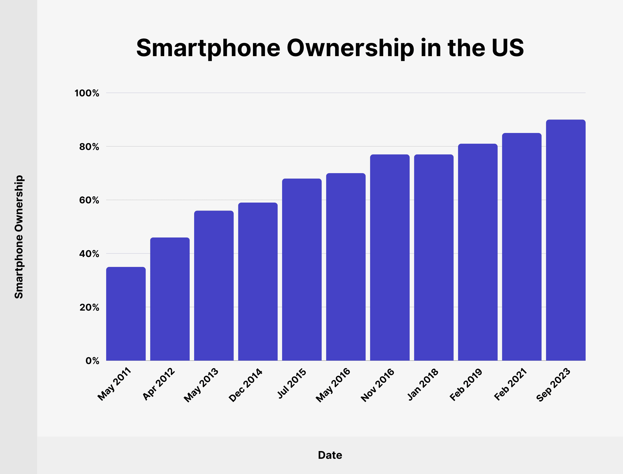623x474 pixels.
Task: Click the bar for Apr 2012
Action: (x=170, y=299)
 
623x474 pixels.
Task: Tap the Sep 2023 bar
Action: (x=565, y=240)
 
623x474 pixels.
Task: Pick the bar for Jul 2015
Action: (x=302, y=269)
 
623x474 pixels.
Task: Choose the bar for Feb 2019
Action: (x=478, y=252)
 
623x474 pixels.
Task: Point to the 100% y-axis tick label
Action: (x=87, y=93)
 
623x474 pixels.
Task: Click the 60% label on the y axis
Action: (x=89, y=200)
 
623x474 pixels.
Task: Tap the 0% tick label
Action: (x=92, y=361)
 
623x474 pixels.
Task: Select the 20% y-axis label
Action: (x=89, y=307)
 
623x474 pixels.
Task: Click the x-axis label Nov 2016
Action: (x=378, y=385)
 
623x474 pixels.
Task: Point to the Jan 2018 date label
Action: (x=423, y=384)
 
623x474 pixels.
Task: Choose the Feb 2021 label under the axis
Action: (x=510, y=384)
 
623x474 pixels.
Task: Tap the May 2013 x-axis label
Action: (x=201, y=385)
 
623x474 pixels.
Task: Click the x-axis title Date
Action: (x=330, y=455)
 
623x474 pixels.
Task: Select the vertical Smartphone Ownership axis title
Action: (x=19, y=237)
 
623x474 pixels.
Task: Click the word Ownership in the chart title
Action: (x=350, y=48)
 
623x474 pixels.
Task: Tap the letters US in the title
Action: (x=508, y=48)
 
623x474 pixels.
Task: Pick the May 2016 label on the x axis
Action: (x=333, y=385)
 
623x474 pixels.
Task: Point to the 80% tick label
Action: (x=89, y=147)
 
